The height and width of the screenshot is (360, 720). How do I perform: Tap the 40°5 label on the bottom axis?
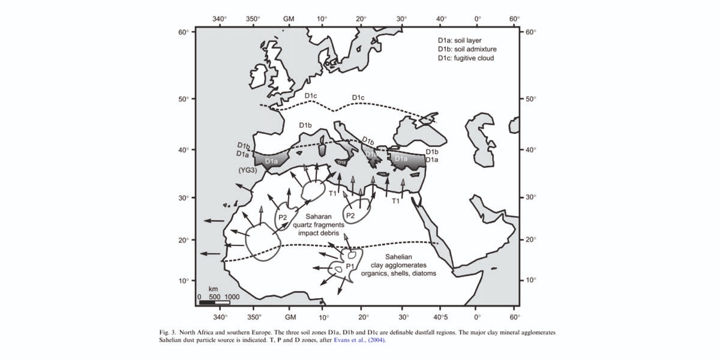(x=441, y=316)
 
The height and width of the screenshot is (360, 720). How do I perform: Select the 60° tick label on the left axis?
(x=184, y=31)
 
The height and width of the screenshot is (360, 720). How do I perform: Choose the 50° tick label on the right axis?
(x=532, y=99)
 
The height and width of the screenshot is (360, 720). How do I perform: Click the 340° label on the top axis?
(x=220, y=19)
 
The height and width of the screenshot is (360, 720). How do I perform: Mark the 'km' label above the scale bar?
(x=212, y=289)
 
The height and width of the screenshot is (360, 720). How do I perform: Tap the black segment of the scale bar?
(x=207, y=302)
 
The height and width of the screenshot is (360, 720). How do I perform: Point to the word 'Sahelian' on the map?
(x=399, y=256)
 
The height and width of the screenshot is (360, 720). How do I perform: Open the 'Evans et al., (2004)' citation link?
(x=359, y=341)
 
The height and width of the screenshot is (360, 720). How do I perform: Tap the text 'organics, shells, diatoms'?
(x=399, y=273)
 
